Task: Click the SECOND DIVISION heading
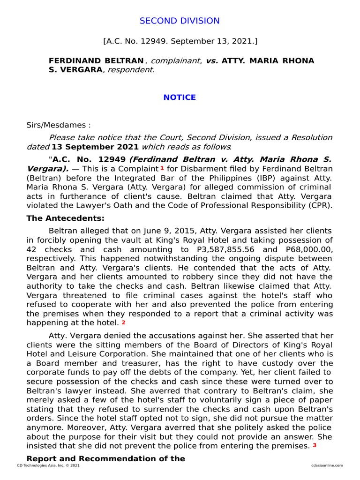180,21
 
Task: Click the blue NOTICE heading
180,97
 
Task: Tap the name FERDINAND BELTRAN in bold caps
96,61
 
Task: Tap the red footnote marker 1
162,168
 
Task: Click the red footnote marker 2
123,322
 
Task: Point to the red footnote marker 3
315,445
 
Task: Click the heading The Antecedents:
65,218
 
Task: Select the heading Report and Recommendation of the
105,458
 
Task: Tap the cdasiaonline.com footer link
326,465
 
